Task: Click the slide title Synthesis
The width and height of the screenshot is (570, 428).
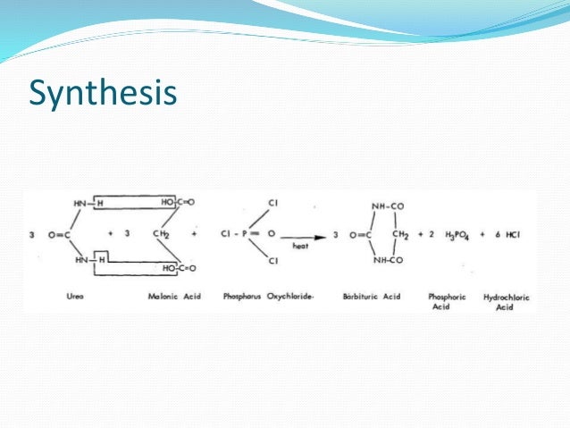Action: pos(103,92)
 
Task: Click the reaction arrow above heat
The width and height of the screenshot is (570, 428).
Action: pos(303,236)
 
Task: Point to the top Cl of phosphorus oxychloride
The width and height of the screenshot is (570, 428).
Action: pos(272,204)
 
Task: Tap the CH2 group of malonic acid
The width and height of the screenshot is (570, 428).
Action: pos(162,236)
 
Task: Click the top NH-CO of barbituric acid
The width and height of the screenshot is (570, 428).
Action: pos(387,206)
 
